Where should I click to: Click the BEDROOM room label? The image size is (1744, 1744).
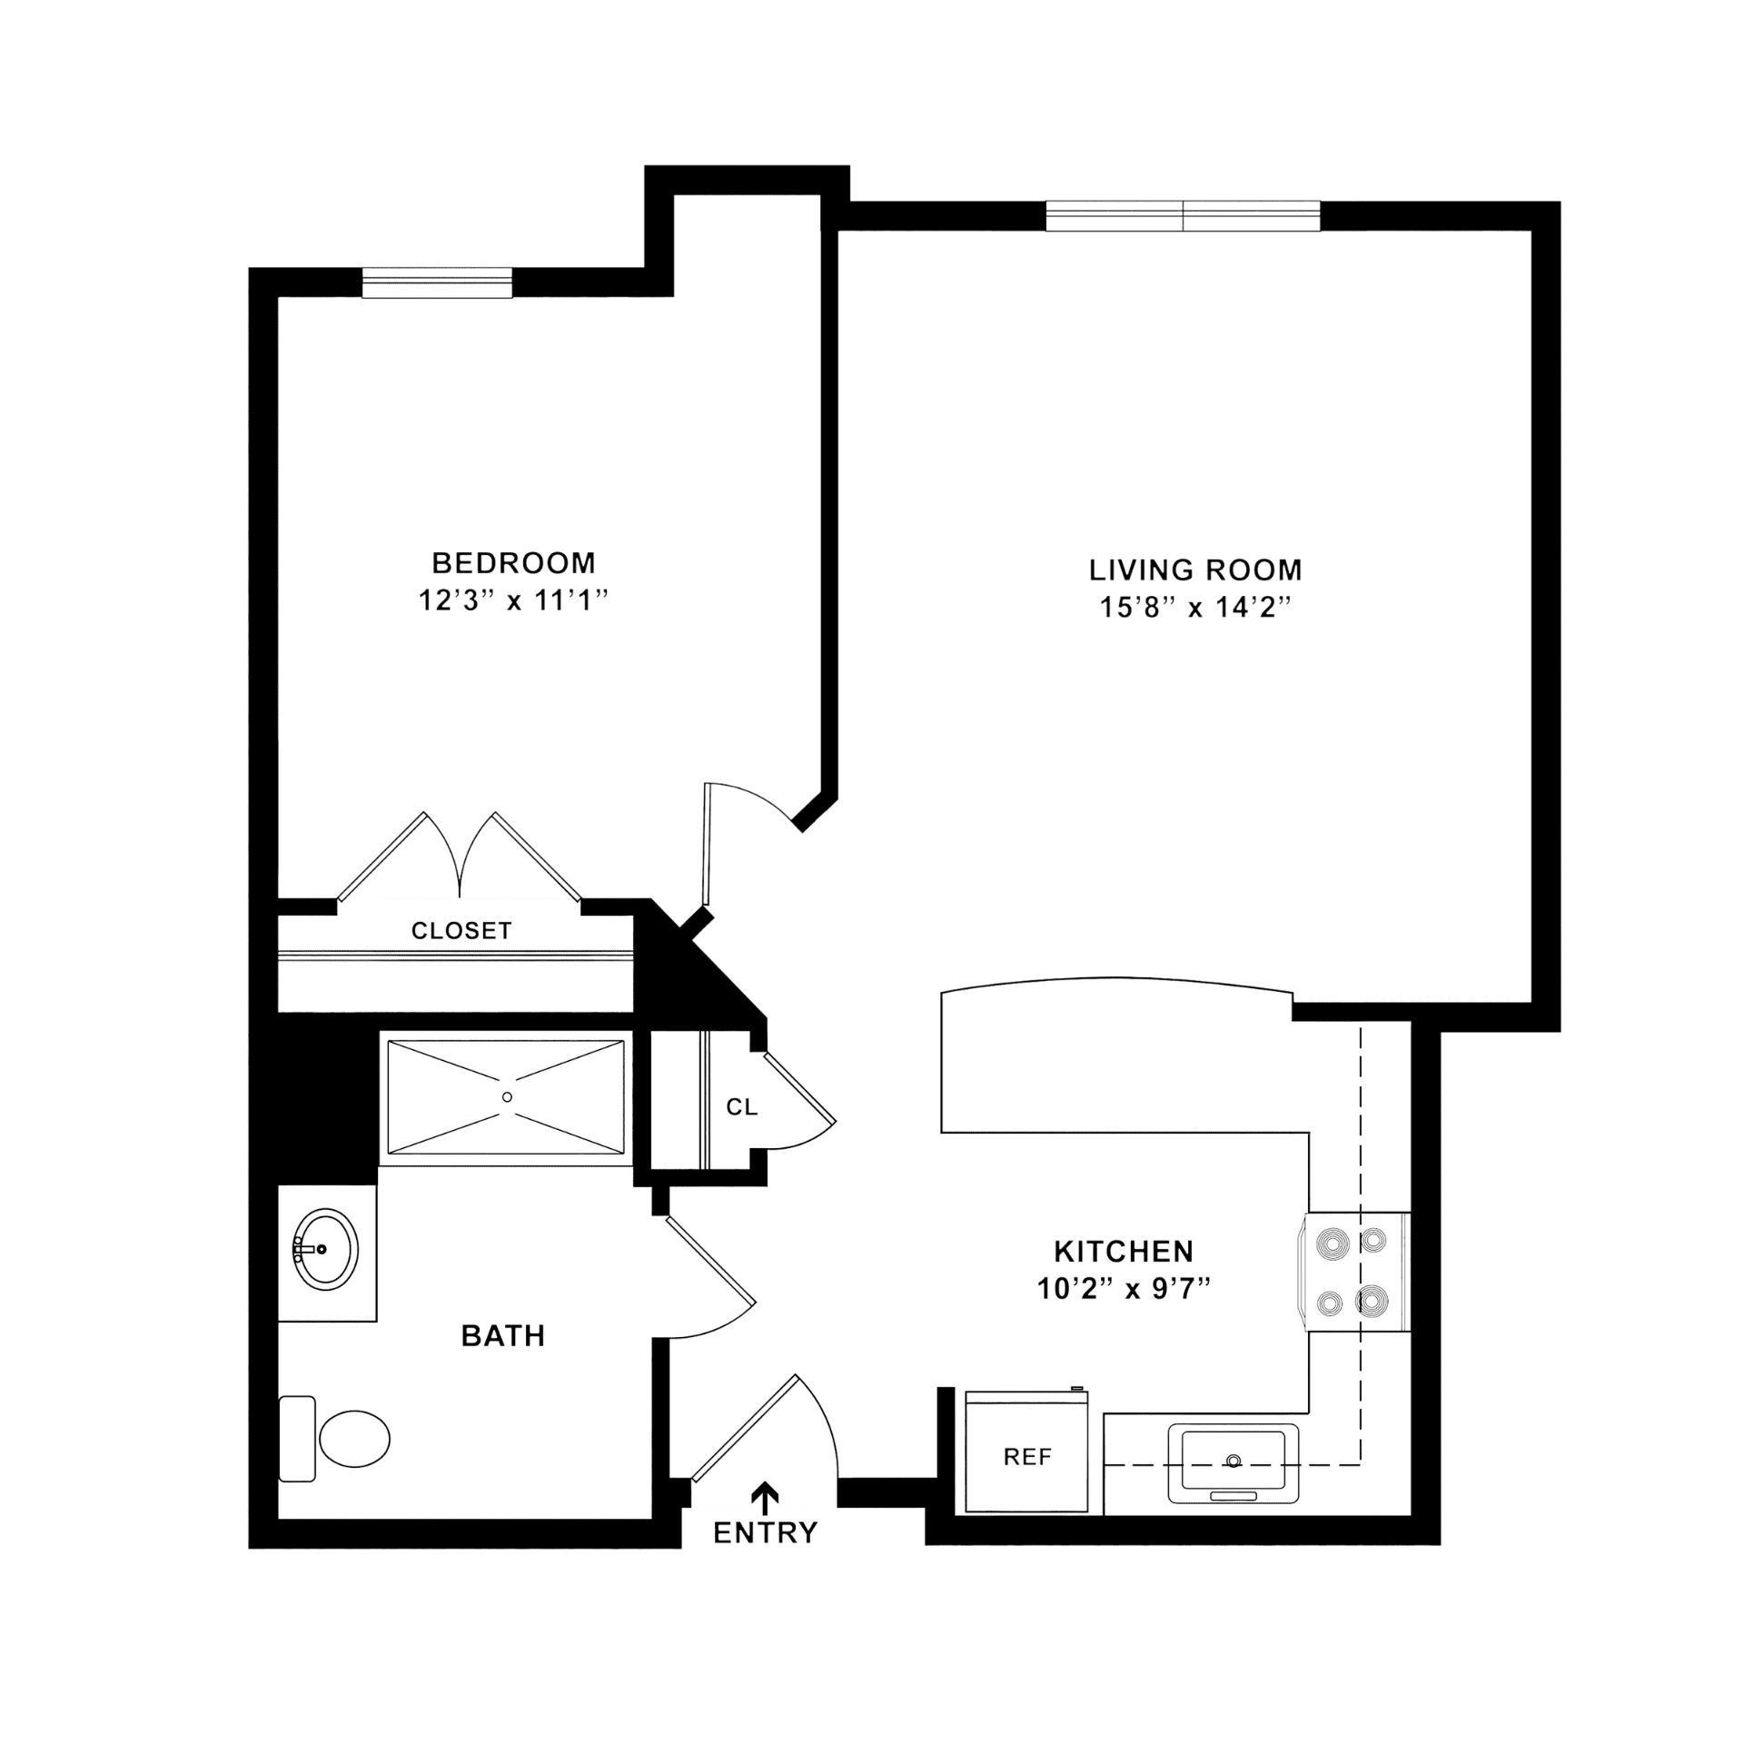[x=513, y=563]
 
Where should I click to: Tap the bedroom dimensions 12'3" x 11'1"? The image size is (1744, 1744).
[x=512, y=600]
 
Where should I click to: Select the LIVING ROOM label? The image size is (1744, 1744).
[x=1195, y=570]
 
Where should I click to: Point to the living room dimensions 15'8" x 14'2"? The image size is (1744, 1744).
[x=1195, y=607]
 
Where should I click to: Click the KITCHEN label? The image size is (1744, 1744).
[x=1124, y=1251]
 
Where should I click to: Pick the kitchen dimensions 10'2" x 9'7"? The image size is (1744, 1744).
[x=1124, y=1288]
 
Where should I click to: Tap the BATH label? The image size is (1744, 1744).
[x=503, y=1335]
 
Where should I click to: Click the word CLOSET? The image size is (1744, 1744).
[x=461, y=930]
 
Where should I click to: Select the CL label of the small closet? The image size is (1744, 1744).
[x=741, y=1106]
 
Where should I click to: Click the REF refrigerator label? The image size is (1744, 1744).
[x=1027, y=1457]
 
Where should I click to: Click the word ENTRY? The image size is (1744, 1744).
[x=766, y=1533]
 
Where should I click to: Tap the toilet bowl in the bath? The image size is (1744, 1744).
[x=354, y=1439]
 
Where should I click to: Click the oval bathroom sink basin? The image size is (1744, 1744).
[x=326, y=1249]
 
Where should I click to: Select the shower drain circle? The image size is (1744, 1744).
[x=507, y=1097]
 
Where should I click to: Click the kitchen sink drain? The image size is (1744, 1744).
[x=1233, y=1462]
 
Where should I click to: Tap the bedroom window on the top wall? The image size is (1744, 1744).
[x=437, y=282]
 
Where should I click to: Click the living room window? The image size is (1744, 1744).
[x=1183, y=216]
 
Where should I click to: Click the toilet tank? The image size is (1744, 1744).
[x=297, y=1439]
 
